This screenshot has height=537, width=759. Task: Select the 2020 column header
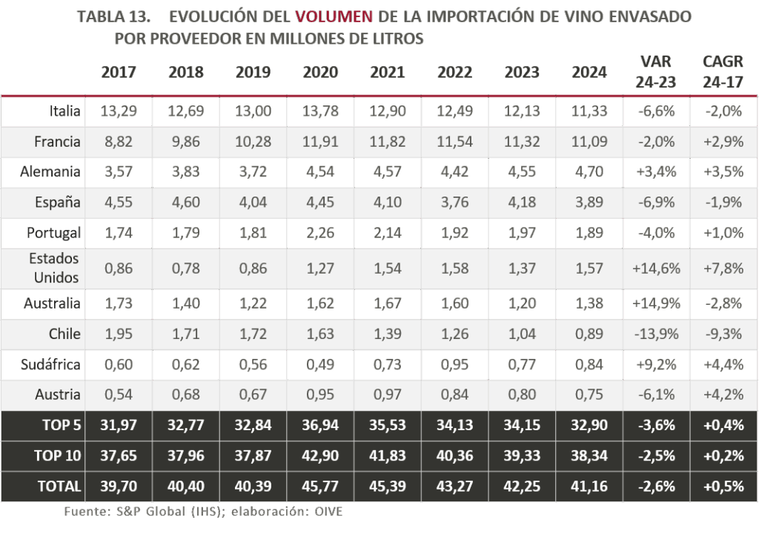(x=320, y=72)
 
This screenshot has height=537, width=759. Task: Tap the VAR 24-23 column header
(x=655, y=72)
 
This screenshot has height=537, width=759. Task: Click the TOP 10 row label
(x=57, y=455)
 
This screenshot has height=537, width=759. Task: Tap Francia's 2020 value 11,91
(x=320, y=141)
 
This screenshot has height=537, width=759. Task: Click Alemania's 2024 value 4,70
(x=589, y=171)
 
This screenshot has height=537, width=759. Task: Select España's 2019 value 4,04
(x=253, y=202)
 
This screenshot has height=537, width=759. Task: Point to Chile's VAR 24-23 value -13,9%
(x=656, y=334)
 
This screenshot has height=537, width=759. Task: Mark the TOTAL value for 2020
(x=320, y=487)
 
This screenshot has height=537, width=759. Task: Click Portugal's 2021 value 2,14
(x=388, y=232)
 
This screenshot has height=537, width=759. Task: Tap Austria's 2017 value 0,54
(x=119, y=395)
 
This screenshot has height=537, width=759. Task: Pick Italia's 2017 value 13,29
(x=119, y=111)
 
